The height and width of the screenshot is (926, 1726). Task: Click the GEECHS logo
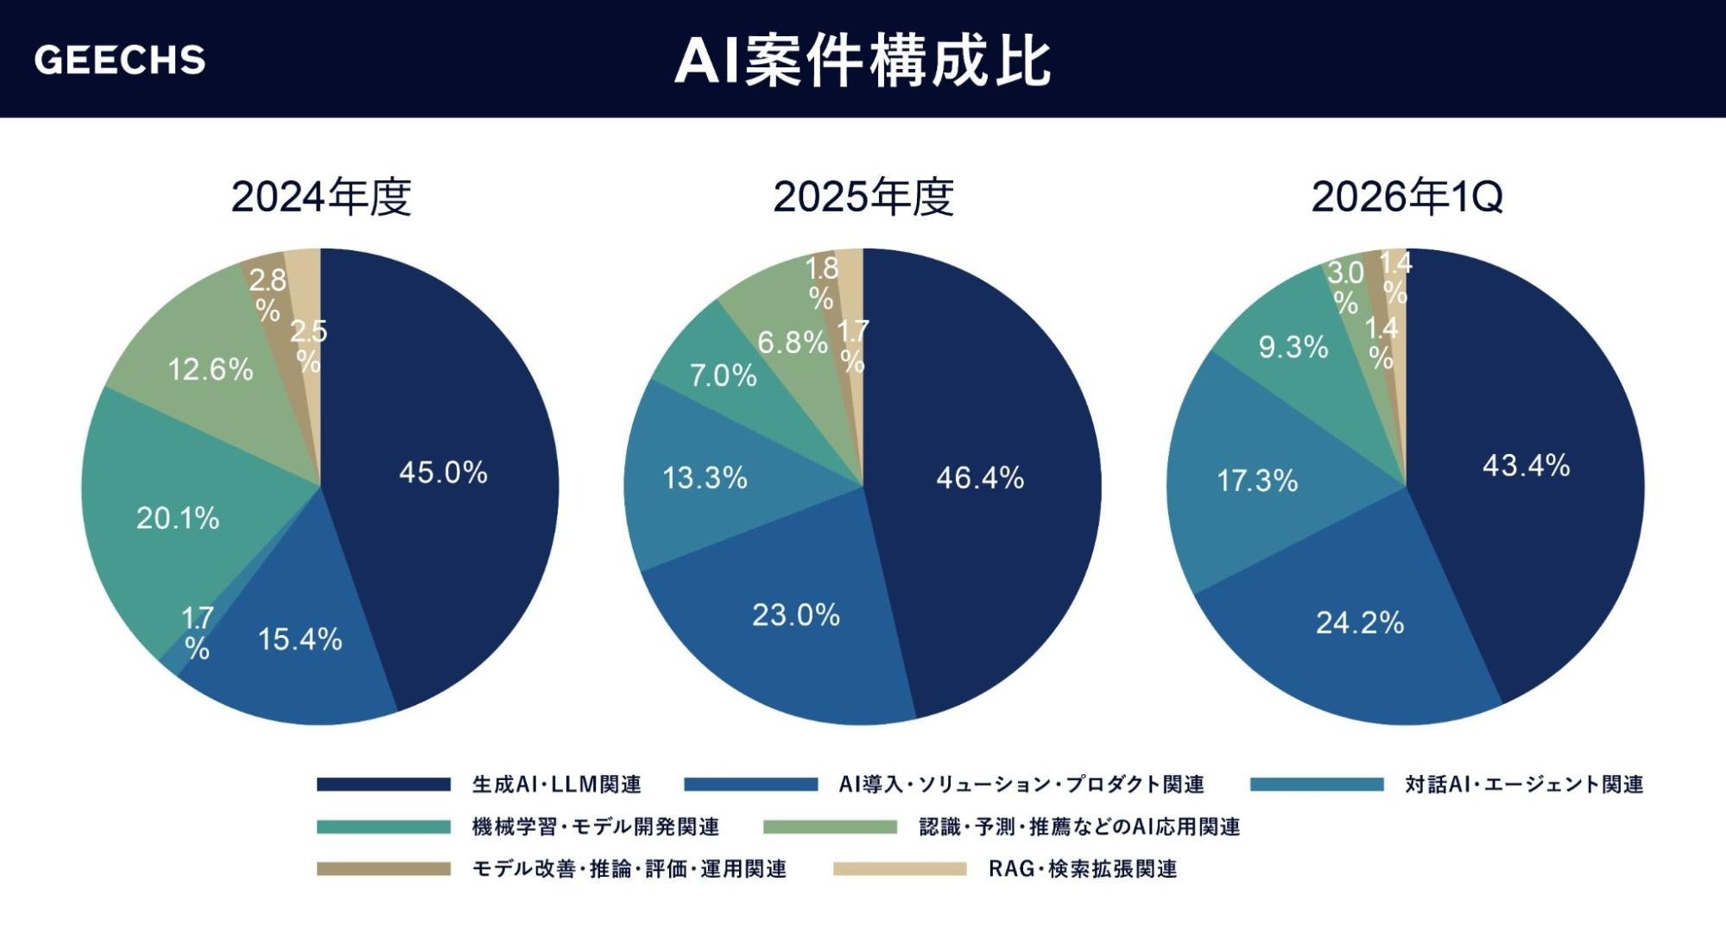[x=120, y=60]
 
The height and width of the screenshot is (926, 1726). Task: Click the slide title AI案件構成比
[x=863, y=61]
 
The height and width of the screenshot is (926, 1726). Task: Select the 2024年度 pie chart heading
[x=321, y=197]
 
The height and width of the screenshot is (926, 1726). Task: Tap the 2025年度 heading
[x=863, y=197]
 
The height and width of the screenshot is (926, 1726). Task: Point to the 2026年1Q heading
[x=1407, y=197]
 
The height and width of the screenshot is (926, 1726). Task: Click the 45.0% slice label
[x=443, y=472]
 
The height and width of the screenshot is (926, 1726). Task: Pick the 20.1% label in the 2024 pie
[x=178, y=518]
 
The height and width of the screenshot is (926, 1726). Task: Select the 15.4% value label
[x=300, y=639]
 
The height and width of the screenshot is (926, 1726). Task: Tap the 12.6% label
[x=211, y=369]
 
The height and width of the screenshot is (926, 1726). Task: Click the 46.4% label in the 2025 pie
[x=980, y=477]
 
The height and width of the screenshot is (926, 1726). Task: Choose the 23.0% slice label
[x=796, y=614]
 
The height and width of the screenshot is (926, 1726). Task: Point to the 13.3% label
[x=705, y=477]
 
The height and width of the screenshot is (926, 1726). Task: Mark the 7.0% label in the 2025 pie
[x=724, y=375]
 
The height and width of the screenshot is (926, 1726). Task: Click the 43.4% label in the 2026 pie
[x=1527, y=465]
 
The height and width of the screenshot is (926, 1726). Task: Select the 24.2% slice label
[x=1360, y=622]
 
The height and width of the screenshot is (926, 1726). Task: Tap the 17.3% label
[x=1257, y=480]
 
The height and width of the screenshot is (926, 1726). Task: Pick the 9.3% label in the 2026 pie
[x=1293, y=346]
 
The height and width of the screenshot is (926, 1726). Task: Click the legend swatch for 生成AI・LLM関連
[x=383, y=784]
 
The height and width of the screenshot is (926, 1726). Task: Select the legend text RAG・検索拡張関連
[x=1083, y=868]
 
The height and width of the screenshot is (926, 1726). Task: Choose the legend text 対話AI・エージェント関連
[x=1524, y=784]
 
